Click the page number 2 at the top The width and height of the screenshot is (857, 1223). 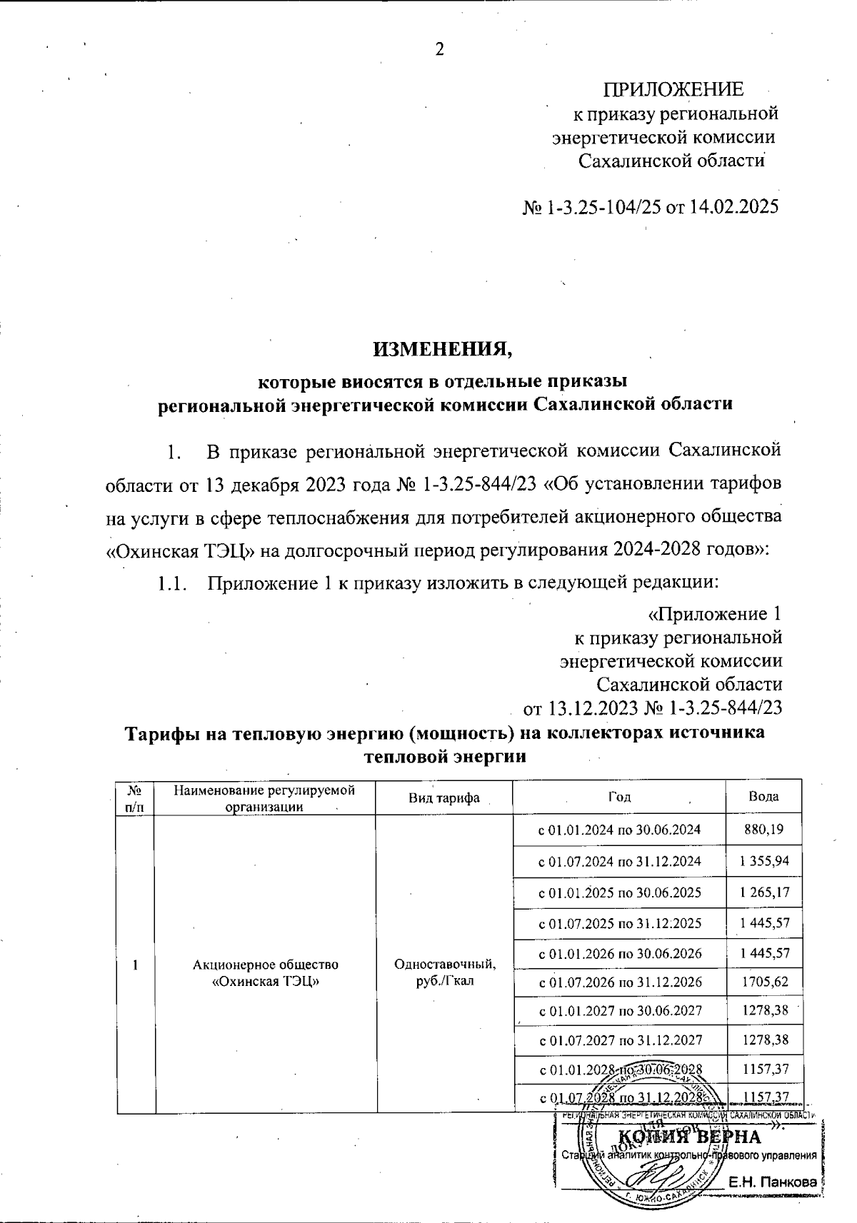pyautogui.click(x=439, y=49)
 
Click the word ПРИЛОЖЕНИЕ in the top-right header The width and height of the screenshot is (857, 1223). pyautogui.click(x=673, y=89)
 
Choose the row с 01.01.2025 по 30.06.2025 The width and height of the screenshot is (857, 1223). pyautogui.click(x=618, y=892)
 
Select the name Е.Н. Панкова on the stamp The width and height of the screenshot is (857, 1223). pyautogui.click(x=771, y=1184)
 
